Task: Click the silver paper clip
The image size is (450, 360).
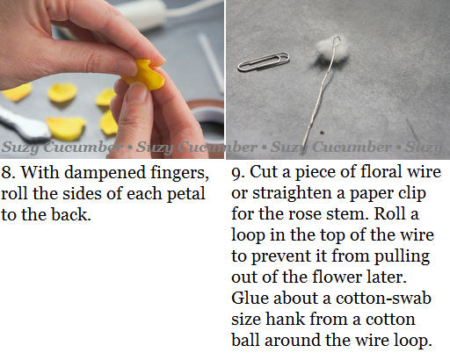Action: click(264, 61)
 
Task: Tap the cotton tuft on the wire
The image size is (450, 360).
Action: click(331, 52)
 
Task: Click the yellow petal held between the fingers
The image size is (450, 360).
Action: click(145, 75)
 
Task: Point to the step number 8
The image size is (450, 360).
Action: click(6, 172)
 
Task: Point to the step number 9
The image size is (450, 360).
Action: click(238, 173)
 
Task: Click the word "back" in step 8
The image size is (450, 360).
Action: click(70, 215)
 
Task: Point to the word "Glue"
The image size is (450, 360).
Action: click(250, 298)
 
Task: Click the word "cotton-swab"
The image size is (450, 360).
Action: click(383, 298)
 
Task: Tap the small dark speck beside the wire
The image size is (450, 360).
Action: click(322, 133)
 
